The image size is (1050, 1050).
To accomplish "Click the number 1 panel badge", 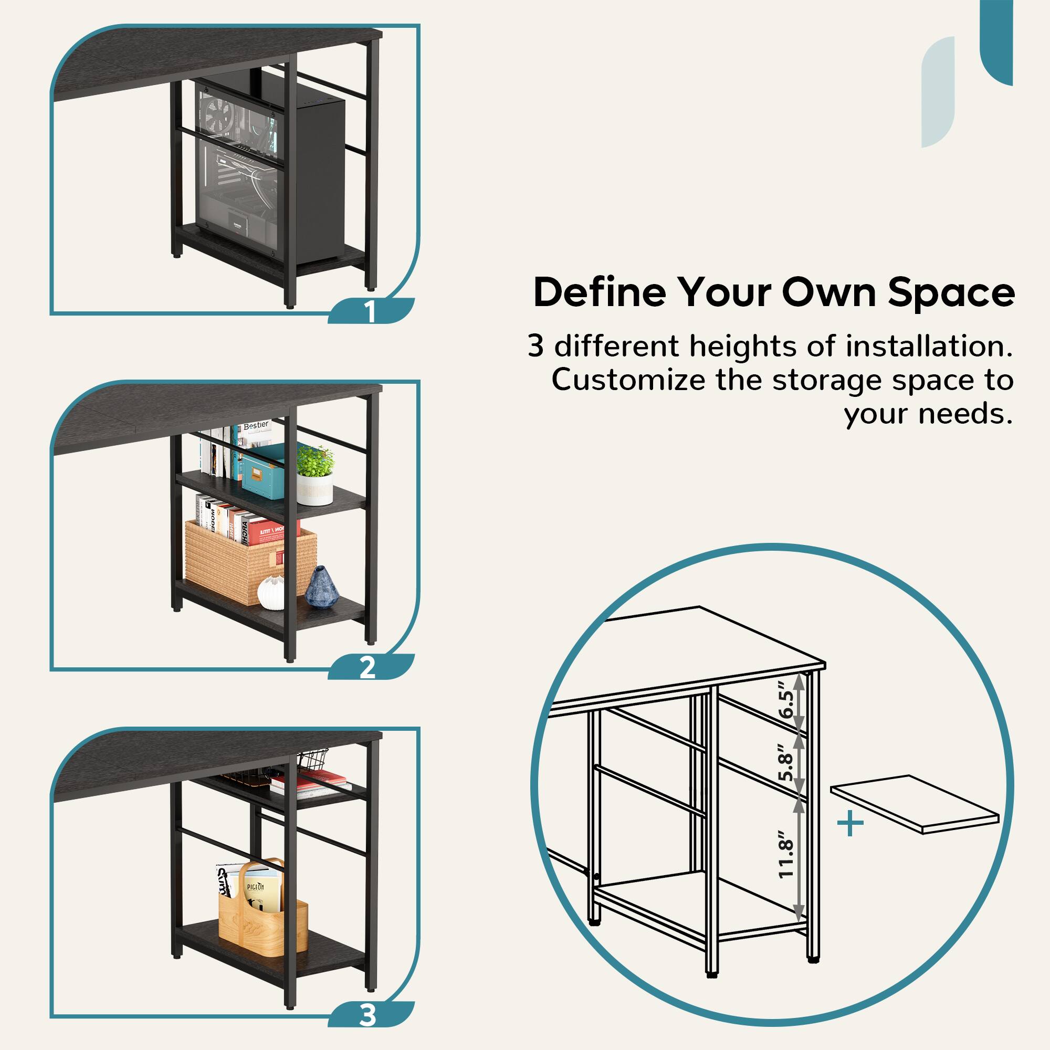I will point(370,311).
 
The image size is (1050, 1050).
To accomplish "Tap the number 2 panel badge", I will point(368,667).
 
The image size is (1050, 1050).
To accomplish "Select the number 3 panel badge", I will point(368,1015).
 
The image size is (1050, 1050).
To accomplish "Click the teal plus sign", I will point(850,824).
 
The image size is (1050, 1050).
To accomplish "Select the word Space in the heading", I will point(951,293).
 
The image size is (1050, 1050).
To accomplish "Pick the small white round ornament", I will point(271,592).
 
